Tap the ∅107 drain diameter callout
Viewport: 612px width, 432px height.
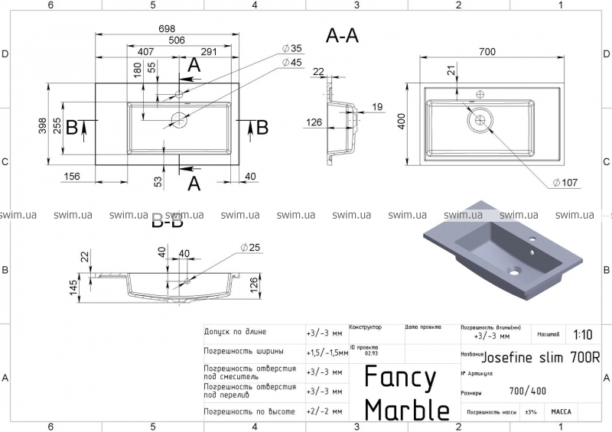click(565, 182)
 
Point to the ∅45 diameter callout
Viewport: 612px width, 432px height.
click(291, 62)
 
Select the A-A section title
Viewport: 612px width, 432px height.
click(342, 35)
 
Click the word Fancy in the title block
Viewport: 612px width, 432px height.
click(400, 378)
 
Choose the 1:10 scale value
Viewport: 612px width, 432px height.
click(581, 334)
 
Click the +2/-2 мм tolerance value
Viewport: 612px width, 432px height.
click(324, 411)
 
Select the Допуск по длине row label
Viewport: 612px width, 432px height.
click(235, 332)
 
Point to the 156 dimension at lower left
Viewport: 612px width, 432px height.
click(72, 177)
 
